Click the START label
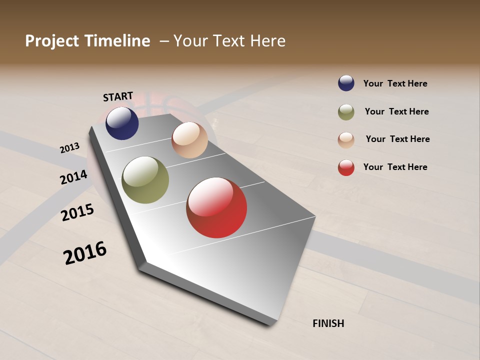coord(118,96)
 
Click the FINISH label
coord(328,323)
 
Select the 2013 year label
coord(69,148)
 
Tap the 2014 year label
coord(73,177)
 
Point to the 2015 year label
coord(77,212)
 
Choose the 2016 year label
coord(85,252)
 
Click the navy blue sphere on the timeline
coord(122,123)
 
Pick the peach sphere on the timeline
coord(189,140)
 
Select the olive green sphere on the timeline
coord(145,180)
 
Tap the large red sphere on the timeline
coord(216,207)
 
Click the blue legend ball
coord(346,83)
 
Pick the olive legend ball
coord(346,112)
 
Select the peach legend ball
coord(346,139)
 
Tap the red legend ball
coord(346,167)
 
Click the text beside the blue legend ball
coord(395,83)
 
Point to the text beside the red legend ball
coord(395,167)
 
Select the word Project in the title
coord(52,41)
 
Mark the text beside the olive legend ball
coord(396,111)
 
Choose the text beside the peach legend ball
coord(397,139)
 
